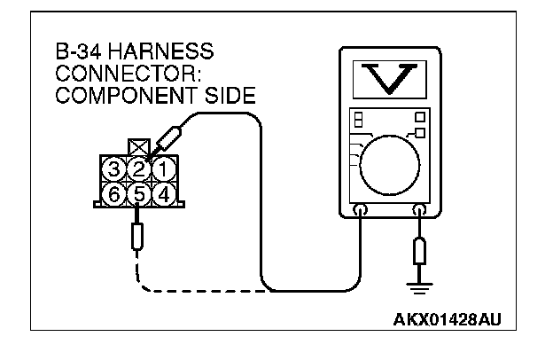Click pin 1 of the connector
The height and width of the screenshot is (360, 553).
point(162,168)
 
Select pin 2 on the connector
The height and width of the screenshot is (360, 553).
point(138,168)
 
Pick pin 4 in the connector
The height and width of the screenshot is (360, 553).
point(162,192)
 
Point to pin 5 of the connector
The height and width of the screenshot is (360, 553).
point(138,192)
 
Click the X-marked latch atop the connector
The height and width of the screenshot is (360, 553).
point(139,145)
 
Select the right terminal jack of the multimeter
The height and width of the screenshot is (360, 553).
point(420,211)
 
